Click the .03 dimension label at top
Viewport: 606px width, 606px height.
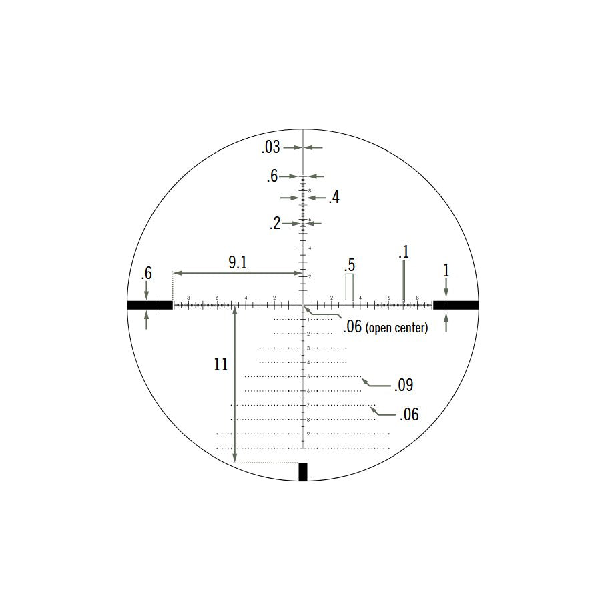(270, 147)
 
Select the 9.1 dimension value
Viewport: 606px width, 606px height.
(238, 263)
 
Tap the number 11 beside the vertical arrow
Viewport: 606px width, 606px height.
(221, 365)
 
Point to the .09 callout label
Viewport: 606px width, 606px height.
(404, 385)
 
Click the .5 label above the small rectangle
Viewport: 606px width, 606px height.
(349, 264)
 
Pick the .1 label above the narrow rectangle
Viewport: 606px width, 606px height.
(403, 252)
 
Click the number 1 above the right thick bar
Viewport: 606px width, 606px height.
(446, 270)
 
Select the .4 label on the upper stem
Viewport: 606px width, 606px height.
(334, 198)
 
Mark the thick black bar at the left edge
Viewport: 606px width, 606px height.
(149, 305)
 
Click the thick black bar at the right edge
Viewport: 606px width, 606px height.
(456, 305)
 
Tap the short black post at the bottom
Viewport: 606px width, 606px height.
(303, 471)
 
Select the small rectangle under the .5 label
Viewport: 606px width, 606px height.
(349, 287)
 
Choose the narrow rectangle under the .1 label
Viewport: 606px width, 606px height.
(404, 281)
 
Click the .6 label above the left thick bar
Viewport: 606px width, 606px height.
(147, 274)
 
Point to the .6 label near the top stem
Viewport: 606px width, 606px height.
(272, 176)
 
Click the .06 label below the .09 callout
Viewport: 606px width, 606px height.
(409, 415)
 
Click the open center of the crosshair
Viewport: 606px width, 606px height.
(304, 305)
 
